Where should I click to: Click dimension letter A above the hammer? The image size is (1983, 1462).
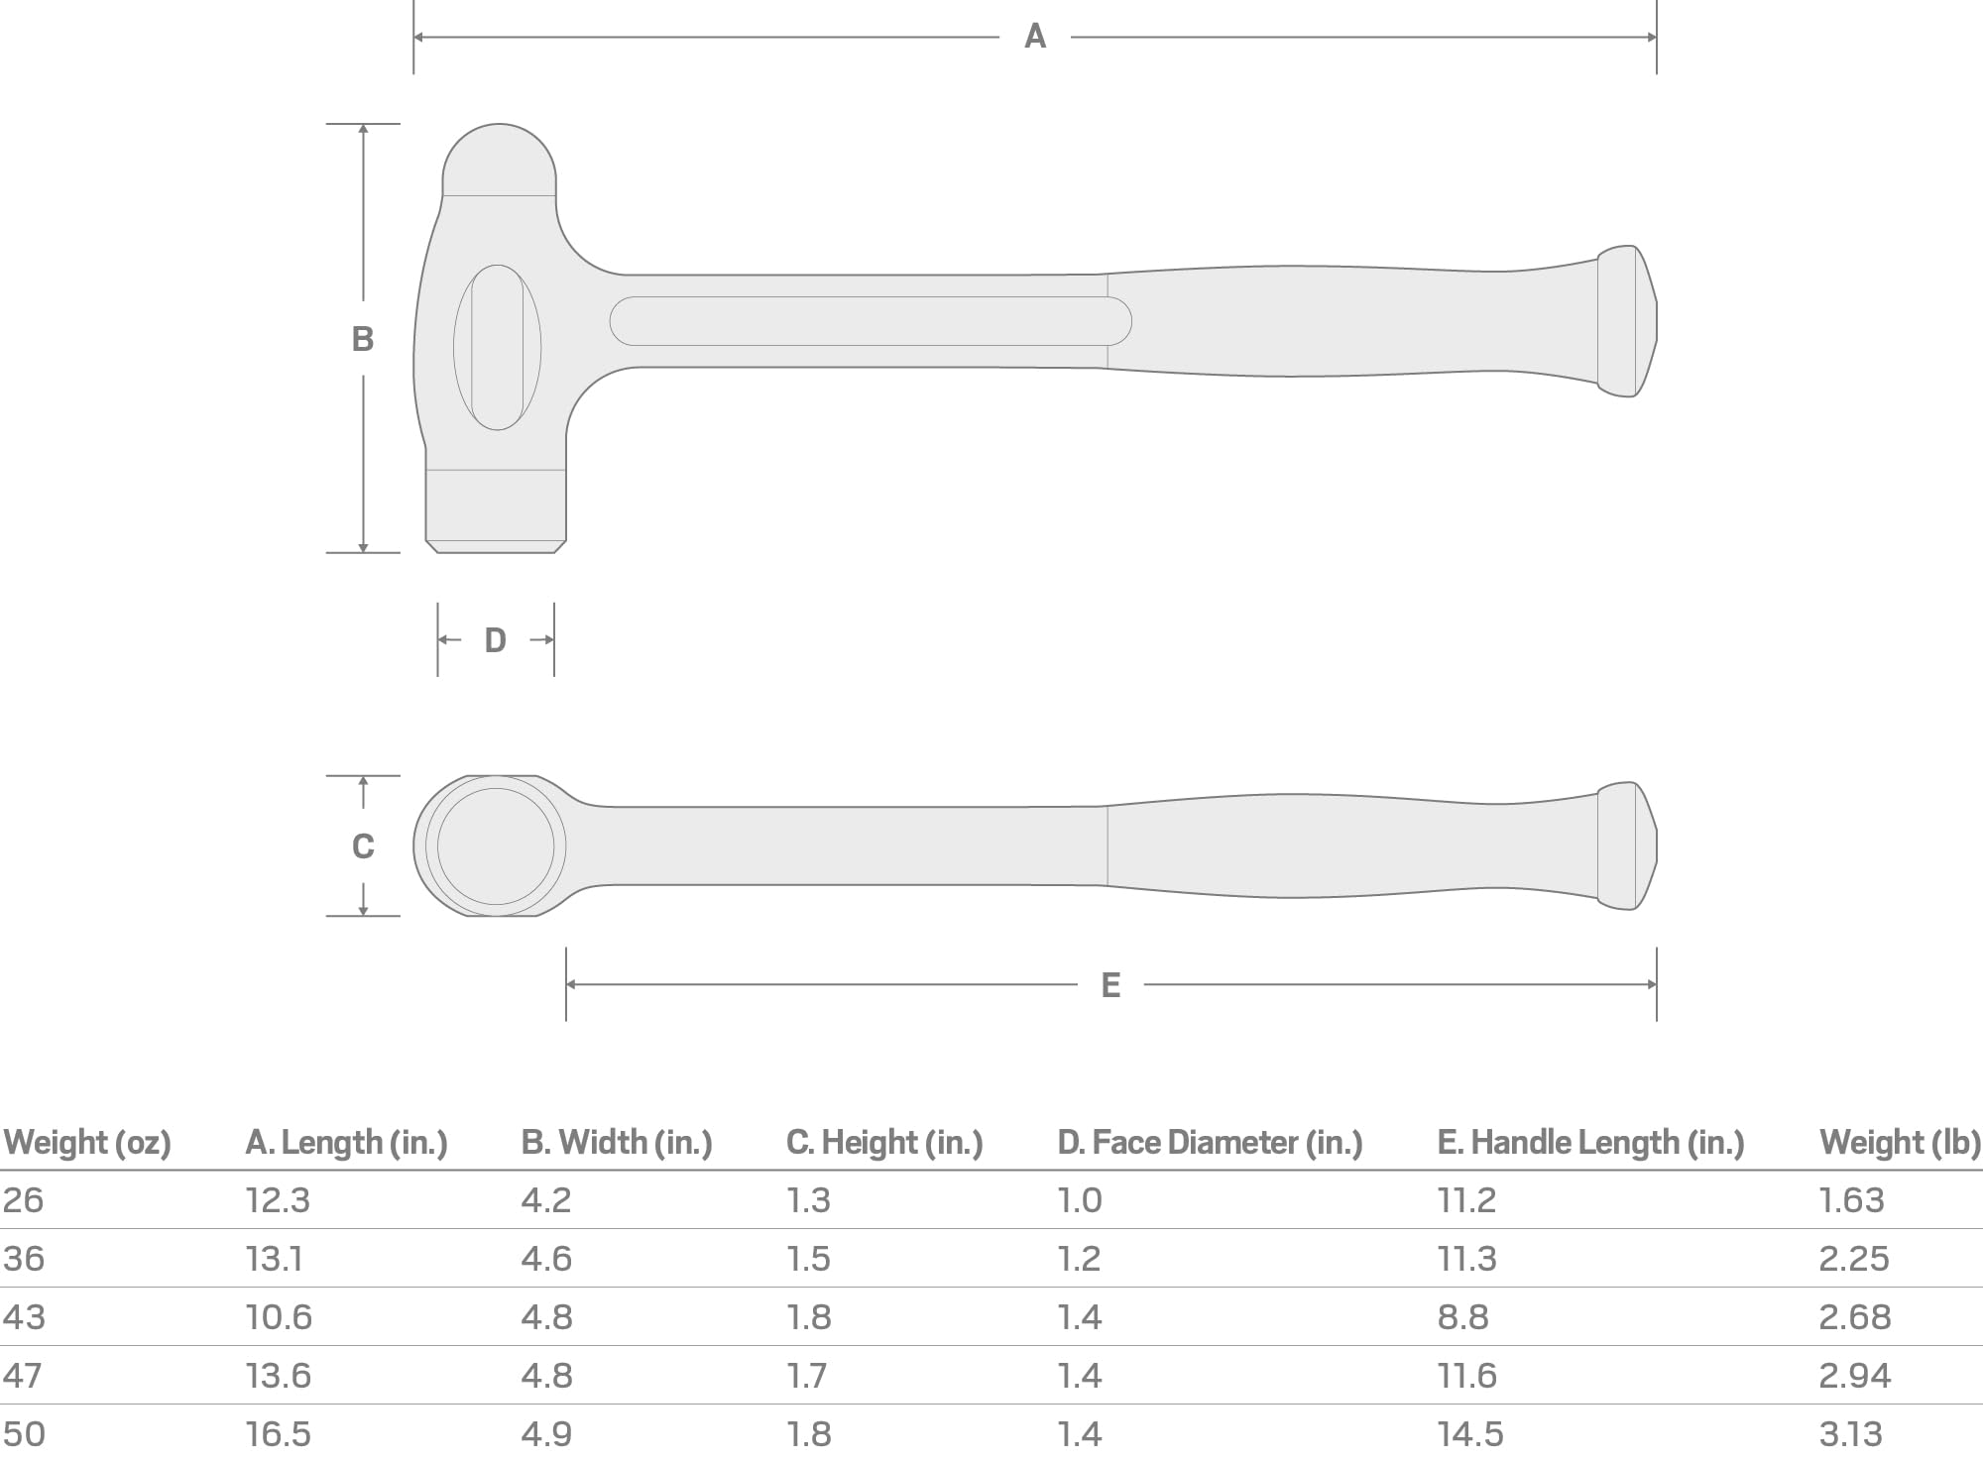[1034, 37]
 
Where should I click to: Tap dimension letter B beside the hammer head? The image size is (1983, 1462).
[363, 339]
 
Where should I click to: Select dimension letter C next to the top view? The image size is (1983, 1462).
[363, 845]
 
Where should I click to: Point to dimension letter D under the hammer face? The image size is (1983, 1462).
[495, 640]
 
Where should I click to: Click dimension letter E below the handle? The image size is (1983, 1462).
[1110, 984]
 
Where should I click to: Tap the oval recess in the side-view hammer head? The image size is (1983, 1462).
[497, 347]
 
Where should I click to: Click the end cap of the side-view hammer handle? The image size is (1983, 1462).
[1626, 321]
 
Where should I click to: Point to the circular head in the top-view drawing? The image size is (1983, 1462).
[495, 845]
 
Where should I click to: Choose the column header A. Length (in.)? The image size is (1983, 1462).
[346, 1143]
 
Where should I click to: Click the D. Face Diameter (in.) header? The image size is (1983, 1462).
[1210, 1143]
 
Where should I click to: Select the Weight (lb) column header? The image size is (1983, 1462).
[1899, 1143]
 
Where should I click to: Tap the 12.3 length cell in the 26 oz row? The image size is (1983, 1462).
[278, 1200]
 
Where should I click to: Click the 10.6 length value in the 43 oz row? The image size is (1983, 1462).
[279, 1317]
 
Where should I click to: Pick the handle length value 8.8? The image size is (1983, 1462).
[1462, 1317]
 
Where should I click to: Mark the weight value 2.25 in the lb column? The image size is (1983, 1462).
[1853, 1259]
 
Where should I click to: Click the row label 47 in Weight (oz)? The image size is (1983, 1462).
[23, 1376]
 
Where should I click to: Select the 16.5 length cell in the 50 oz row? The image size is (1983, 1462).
[279, 1434]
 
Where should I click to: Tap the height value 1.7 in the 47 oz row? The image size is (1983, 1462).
[807, 1376]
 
